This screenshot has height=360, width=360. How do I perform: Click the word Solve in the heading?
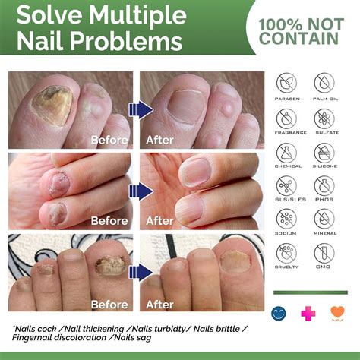50,14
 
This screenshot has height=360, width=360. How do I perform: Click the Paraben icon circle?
287,83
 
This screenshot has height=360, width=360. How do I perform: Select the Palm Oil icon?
324,83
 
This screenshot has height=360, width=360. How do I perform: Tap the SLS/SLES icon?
287,185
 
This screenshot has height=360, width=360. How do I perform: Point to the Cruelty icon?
287,253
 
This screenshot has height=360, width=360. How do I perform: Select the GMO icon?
324,253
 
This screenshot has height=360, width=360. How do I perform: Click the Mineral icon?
324,219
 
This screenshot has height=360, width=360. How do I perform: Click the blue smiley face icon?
279,312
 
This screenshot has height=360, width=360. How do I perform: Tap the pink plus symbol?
308,312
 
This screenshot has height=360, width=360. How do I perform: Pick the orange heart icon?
337,312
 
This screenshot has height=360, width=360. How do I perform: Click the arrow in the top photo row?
141,109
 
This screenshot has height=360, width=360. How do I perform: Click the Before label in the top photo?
109,140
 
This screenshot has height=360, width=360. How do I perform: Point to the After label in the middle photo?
160,221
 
